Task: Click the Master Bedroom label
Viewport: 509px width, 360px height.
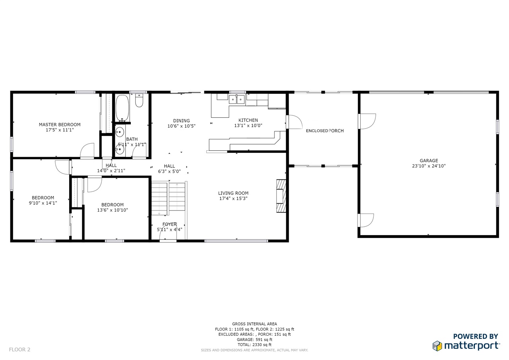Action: [60, 125]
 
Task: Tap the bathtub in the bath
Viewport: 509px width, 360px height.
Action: [122, 109]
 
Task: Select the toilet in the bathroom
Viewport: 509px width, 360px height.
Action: [139, 101]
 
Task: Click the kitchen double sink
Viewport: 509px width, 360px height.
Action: [237, 99]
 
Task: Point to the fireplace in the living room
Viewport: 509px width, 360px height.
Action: [281, 196]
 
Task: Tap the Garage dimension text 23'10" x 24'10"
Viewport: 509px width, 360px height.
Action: [429, 166]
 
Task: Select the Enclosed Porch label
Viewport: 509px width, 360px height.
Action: [325, 131]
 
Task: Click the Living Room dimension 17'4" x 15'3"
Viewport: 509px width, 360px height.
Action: [233, 198]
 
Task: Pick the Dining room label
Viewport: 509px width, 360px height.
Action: [181, 121]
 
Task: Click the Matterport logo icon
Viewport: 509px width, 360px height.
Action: [437, 346]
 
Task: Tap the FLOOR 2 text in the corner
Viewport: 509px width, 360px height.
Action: [19, 350]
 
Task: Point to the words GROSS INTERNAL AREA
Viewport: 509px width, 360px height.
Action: [254, 324]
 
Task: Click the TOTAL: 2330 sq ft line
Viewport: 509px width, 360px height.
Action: [254, 345]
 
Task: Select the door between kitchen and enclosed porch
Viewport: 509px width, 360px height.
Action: [294, 122]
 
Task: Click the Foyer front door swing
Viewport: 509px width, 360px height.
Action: [168, 236]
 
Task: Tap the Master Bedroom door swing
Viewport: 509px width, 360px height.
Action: [87, 150]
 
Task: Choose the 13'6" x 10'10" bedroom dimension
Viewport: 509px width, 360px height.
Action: [113, 210]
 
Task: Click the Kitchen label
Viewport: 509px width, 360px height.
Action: [248, 120]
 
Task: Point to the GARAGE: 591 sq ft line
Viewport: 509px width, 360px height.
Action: [254, 340]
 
